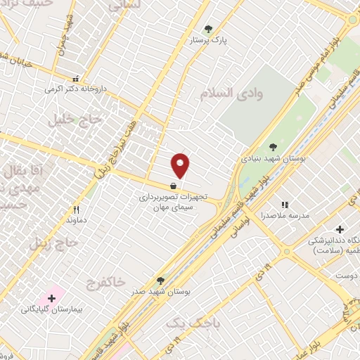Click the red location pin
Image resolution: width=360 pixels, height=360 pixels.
coord(181,165)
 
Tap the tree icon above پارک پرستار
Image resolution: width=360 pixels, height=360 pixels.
coord(208,30)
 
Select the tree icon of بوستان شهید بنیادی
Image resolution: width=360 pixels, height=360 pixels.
coord(273,147)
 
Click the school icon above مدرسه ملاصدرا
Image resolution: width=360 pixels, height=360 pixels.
coord(285,204)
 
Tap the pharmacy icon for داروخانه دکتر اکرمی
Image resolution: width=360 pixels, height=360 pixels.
coord(76,79)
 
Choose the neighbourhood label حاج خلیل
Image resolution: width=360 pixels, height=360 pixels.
coord(75,120)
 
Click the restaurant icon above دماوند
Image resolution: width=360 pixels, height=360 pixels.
coord(76,210)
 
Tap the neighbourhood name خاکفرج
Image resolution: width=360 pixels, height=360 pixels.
coord(105,283)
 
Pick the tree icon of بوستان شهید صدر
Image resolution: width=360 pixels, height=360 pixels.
coord(161,281)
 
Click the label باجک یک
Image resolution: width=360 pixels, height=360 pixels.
coord(193,323)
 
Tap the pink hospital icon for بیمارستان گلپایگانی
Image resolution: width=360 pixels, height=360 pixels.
coord(51,298)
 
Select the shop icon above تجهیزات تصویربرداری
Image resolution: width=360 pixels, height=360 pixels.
coord(173,187)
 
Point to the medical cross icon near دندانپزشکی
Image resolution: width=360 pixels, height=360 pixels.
coord(340,229)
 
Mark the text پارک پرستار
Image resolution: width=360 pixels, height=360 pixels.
coord(207,41)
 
